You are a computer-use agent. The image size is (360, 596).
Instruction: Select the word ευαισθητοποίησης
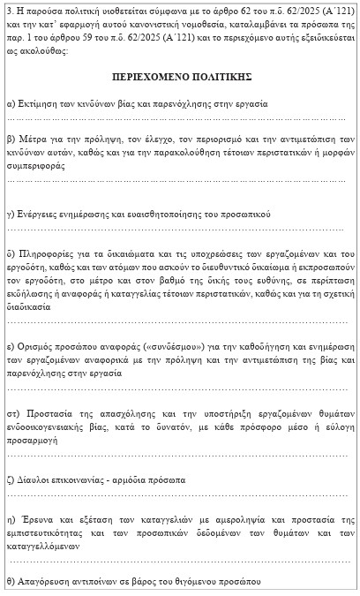[175, 215]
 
